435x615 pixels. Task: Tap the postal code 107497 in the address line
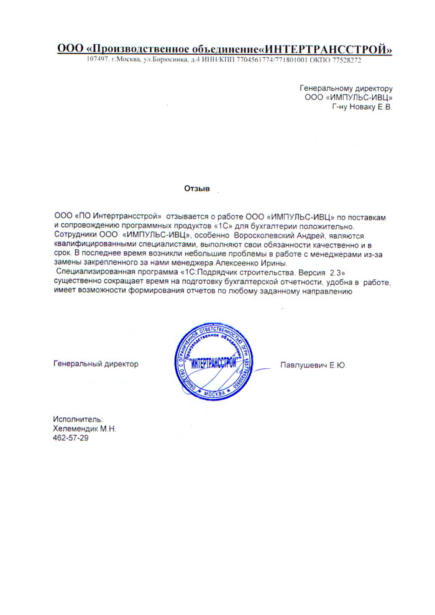(x=98, y=60)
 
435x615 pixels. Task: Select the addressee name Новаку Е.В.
(x=370, y=107)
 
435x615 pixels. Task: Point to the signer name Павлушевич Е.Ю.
(x=313, y=365)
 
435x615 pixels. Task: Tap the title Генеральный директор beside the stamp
(x=96, y=364)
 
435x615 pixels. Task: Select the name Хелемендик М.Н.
(x=85, y=429)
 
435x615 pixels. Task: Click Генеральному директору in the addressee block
(x=346, y=88)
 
